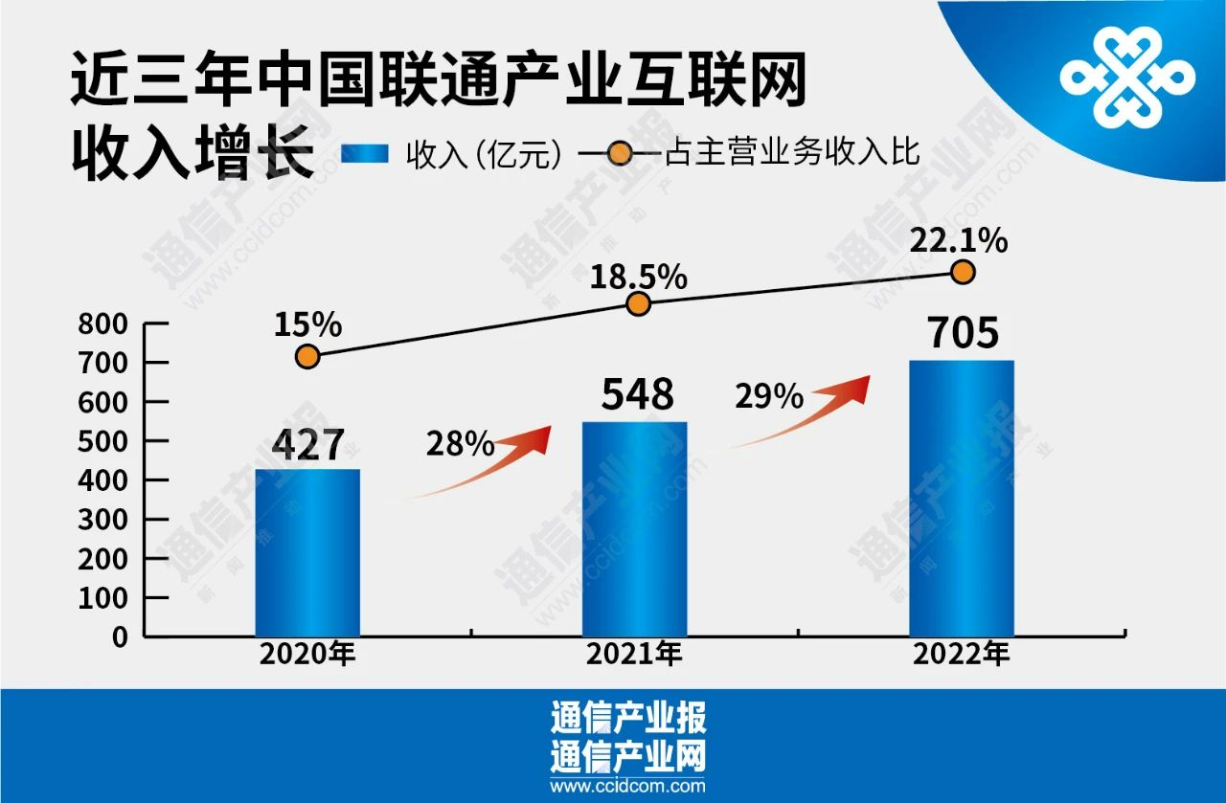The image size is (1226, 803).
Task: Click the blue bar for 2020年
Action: [x=307, y=552]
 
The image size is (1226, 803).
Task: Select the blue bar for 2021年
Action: [x=634, y=528]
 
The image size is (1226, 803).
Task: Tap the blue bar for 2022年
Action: [x=961, y=498]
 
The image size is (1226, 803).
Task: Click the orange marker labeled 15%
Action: [x=307, y=357]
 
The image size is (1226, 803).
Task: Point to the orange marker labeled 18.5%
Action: [x=639, y=304]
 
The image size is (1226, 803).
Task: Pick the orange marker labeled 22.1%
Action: [x=964, y=273]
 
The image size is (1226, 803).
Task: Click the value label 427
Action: [x=307, y=445]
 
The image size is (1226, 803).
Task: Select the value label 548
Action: [x=638, y=394]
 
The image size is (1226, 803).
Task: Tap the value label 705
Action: [x=964, y=334]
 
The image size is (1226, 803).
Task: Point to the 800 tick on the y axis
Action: [x=107, y=324]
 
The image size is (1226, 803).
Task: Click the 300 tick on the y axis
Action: [x=107, y=520]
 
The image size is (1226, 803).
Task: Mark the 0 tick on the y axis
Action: [x=121, y=636]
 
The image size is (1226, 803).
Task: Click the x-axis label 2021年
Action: [x=634, y=657]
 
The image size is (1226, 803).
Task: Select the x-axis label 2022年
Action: [x=961, y=657]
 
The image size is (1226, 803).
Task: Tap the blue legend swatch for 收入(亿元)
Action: [x=365, y=153]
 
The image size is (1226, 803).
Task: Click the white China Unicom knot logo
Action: [x=1127, y=78]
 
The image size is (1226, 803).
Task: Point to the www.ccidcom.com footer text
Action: [x=627, y=787]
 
